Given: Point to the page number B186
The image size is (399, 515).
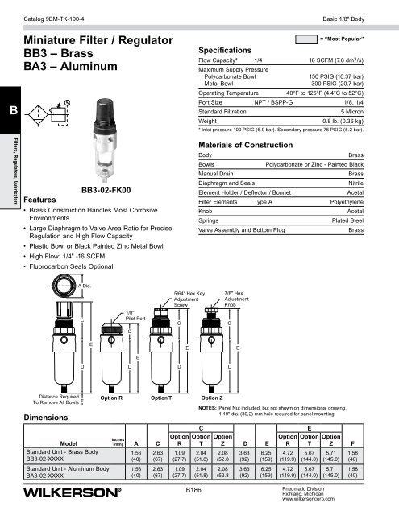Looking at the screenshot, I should [x=196, y=489].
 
